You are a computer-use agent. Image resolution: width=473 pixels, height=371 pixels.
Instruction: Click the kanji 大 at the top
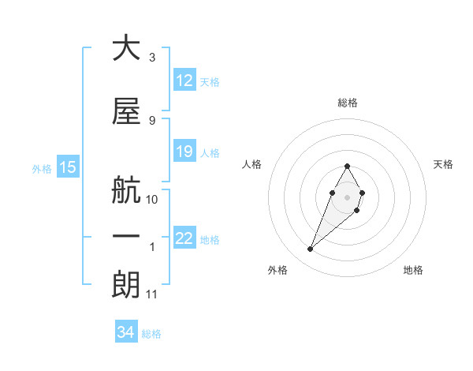[x=126, y=48]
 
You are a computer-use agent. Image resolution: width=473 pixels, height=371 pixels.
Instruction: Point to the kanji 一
[x=126, y=237]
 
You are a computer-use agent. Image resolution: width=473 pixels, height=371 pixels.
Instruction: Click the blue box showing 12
[x=184, y=81]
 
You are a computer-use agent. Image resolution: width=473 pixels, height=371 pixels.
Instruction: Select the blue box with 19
[x=184, y=152]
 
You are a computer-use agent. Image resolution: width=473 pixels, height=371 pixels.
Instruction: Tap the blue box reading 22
[x=184, y=238]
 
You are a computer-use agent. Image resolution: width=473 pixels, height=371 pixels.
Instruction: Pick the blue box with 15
[x=67, y=167]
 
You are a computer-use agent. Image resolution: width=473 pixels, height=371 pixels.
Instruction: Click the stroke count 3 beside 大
[x=151, y=58]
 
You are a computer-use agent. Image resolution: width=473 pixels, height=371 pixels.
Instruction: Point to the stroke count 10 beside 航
[x=152, y=200]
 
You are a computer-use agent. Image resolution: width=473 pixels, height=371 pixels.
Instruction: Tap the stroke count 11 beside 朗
[x=152, y=294]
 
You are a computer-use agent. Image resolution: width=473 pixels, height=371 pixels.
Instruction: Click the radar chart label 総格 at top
[x=347, y=103]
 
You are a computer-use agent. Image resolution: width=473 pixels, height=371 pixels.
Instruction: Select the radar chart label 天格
[x=444, y=164]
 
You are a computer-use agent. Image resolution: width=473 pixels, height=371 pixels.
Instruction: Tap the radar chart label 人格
[x=251, y=164]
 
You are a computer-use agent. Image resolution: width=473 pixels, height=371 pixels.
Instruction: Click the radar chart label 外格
[x=277, y=271]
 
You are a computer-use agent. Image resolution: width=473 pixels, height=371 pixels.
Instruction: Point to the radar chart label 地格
[x=413, y=271]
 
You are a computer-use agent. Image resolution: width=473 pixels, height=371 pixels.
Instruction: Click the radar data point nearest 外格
[x=310, y=249]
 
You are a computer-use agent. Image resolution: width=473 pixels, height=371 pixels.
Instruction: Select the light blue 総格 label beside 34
[x=151, y=334]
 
